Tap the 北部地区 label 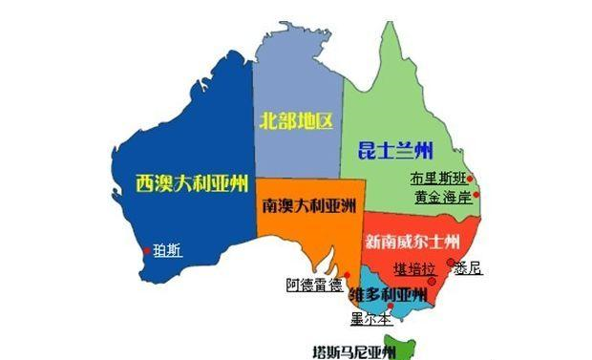click(297, 121)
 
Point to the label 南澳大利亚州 click(307, 205)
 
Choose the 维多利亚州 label click(387, 293)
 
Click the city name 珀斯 click(168, 251)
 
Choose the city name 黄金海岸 click(443, 198)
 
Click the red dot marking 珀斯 click(146, 252)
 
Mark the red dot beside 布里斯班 click(471, 179)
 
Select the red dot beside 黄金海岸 click(476, 198)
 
